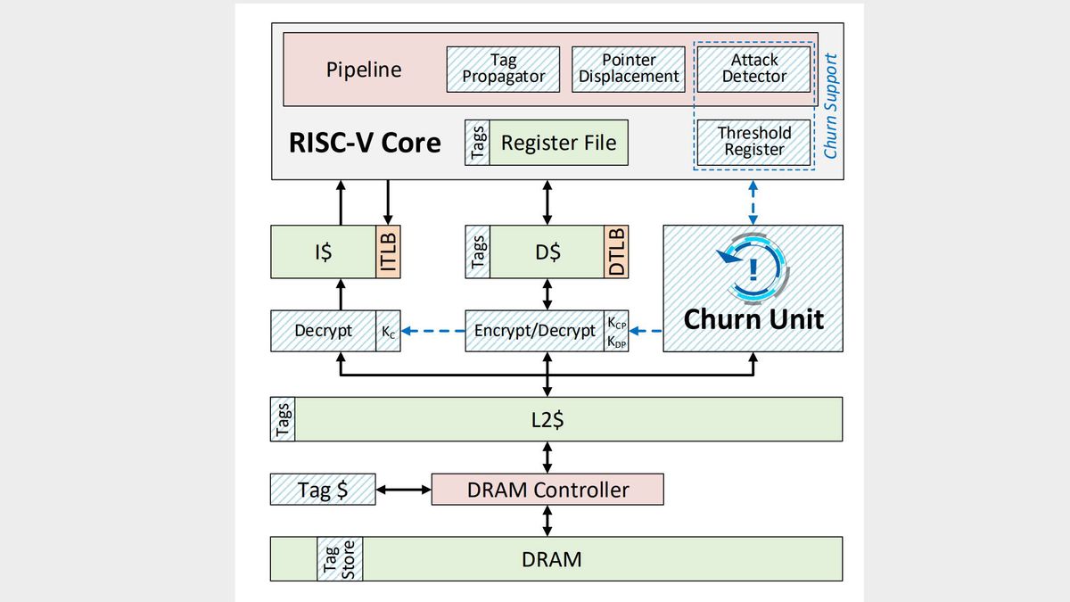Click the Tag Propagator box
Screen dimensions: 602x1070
[504, 69]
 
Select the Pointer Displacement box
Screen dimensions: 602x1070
[629, 69]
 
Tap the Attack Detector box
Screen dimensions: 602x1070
[753, 69]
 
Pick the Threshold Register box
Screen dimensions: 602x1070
[753, 142]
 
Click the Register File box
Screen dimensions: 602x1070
[558, 143]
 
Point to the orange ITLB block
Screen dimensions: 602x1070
[388, 252]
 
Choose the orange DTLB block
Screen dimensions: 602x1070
[616, 252]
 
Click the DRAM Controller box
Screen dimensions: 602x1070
[547, 490]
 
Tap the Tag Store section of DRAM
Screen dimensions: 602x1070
[340, 558]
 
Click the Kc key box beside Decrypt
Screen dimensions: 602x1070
[388, 331]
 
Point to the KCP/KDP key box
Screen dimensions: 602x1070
[616, 331]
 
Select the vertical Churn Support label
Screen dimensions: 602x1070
[830, 106]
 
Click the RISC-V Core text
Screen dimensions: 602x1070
[365, 143]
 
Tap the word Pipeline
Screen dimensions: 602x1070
[363, 70]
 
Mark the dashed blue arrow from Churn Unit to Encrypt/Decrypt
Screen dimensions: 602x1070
[646, 331]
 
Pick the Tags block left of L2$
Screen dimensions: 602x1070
[282, 419]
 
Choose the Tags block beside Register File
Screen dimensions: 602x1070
[477, 143]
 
